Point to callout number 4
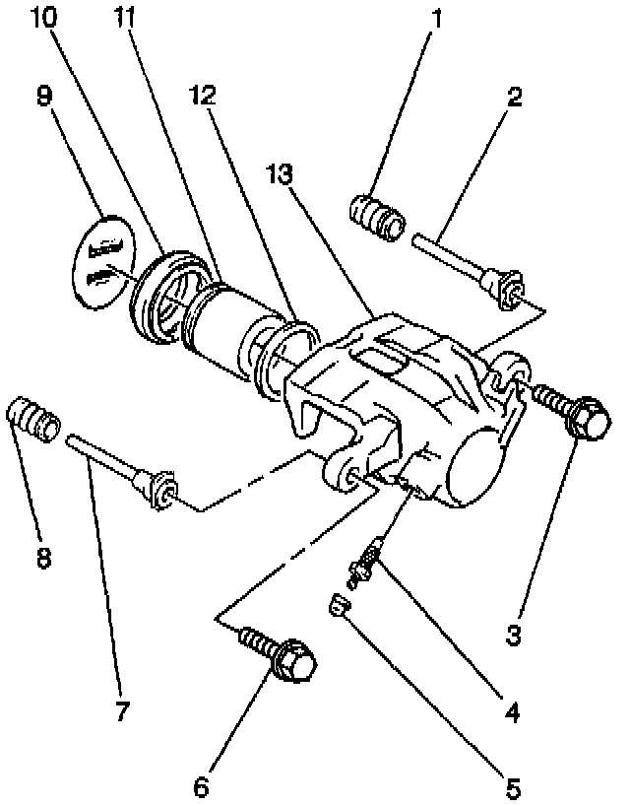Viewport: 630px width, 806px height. click(511, 708)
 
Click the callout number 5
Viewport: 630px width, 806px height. click(511, 788)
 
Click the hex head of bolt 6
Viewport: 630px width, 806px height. click(295, 662)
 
